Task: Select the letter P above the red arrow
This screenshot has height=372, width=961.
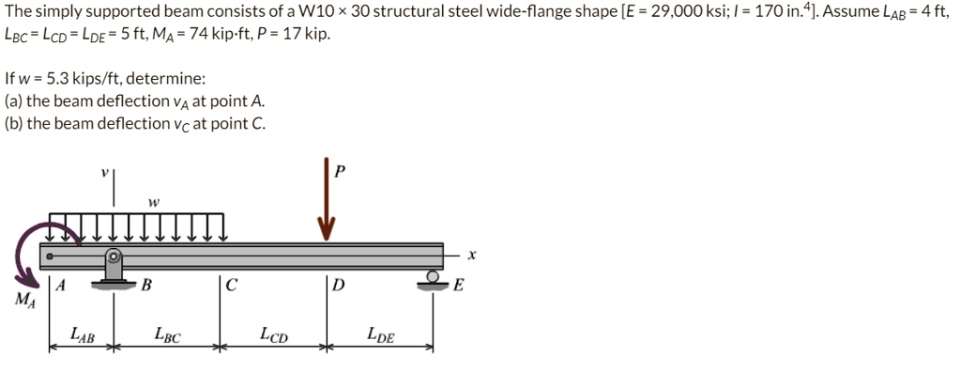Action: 339,171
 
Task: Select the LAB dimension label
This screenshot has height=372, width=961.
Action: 83,334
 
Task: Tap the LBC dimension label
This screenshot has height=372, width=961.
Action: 168,334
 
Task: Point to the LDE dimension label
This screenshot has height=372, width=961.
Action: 381,334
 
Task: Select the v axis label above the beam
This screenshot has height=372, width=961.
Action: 105,172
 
